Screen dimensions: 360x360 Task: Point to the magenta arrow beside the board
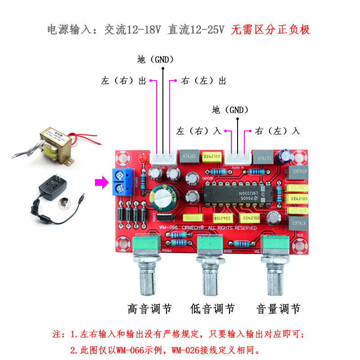(101, 183)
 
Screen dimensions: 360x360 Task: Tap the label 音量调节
(278, 309)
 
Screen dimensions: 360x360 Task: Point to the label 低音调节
(212, 309)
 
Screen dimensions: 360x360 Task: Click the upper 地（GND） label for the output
(156, 59)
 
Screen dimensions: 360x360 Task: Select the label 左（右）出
(124, 81)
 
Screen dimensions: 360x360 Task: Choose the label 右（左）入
(277, 131)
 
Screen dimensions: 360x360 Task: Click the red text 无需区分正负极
(270, 30)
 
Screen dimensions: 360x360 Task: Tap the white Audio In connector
(238, 158)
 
